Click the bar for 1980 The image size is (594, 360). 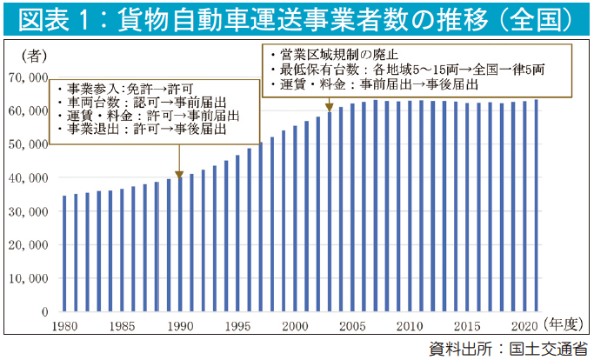[64, 253]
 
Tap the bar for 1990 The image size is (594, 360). [179, 243]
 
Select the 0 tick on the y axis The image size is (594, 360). [44, 310]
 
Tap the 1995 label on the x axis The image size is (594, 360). [237, 326]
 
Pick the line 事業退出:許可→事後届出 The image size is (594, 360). [140, 130]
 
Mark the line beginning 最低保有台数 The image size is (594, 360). [409, 70]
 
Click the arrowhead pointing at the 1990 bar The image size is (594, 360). [179, 172]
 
